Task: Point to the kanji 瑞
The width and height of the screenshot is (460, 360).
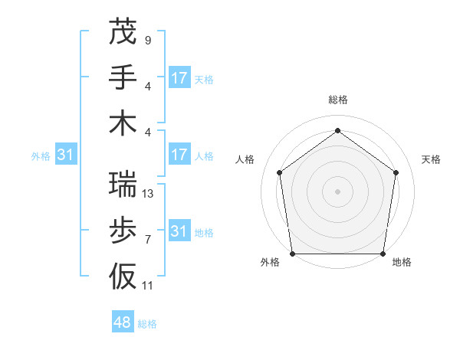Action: pos(123,184)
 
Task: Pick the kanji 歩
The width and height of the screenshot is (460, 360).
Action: pos(123,230)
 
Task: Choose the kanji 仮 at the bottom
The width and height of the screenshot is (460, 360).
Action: pos(123,276)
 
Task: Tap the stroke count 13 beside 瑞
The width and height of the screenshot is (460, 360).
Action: pos(149,194)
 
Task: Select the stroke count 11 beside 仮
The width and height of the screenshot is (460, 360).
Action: pos(149,286)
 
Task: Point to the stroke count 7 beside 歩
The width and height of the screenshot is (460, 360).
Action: pos(147,240)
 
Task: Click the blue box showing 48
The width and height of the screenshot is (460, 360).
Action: pos(123,322)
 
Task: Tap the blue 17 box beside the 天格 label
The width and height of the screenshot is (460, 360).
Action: pos(179,78)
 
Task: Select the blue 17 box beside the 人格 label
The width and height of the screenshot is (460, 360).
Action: pos(179,155)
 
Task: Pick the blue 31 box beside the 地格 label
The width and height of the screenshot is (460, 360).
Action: pos(179,231)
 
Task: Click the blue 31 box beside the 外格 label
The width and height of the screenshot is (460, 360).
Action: pos(66,155)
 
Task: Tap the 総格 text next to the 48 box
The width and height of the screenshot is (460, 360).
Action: pos(147,324)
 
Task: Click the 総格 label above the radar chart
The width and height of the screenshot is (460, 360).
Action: pos(338,100)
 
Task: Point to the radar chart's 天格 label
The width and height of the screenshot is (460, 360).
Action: pos(431,159)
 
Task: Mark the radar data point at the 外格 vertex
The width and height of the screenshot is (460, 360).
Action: pos(292,254)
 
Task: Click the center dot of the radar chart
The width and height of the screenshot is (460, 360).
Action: pos(337,191)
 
